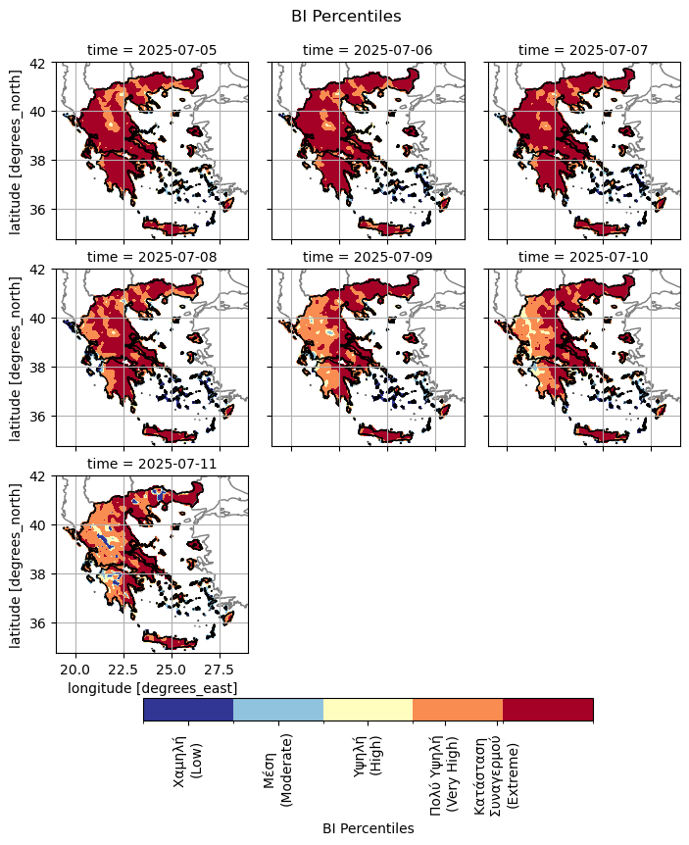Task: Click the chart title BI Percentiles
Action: (x=346, y=16)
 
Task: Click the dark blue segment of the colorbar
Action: (x=188, y=710)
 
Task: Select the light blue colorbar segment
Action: (x=278, y=710)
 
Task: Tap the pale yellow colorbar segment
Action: (x=368, y=710)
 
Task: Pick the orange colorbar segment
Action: (x=458, y=710)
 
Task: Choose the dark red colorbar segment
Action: (x=548, y=710)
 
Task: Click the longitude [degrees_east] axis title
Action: (x=152, y=688)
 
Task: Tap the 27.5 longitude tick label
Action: (x=220, y=670)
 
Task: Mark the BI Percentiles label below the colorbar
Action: (x=368, y=828)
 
